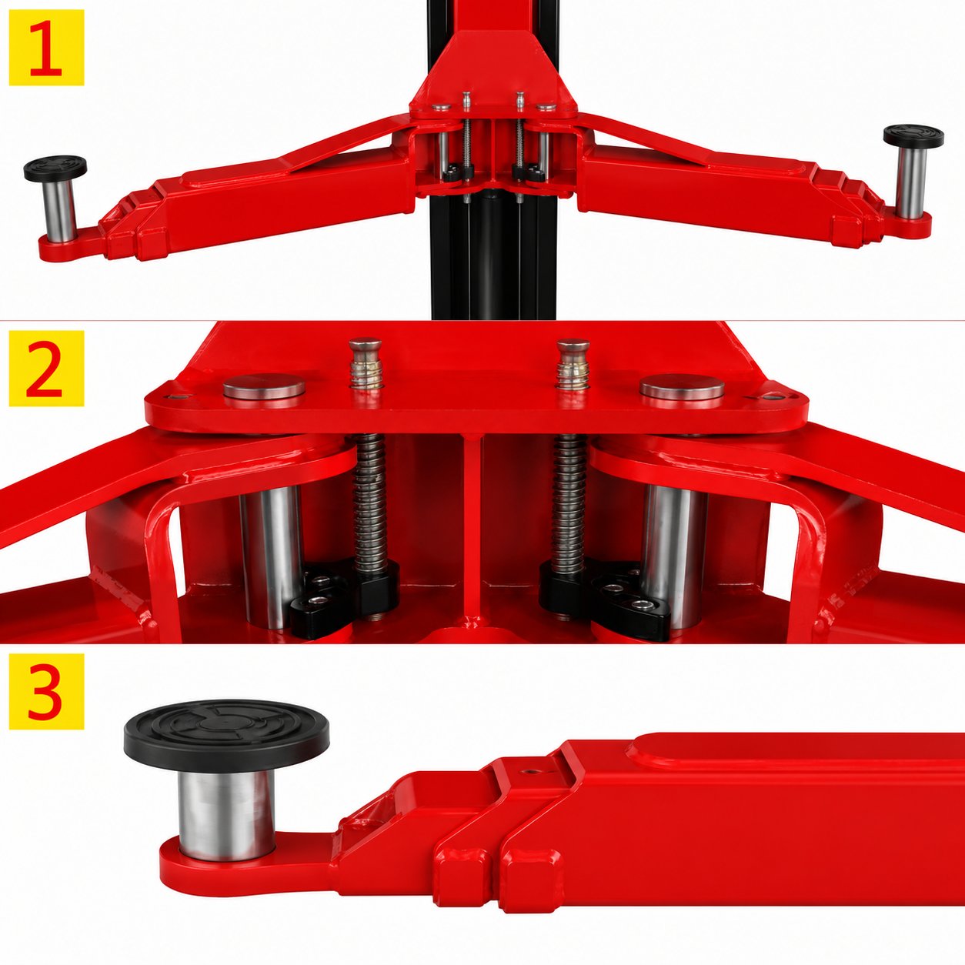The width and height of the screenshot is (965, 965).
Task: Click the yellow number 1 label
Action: point(47,47)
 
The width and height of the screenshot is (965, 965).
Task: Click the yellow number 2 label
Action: point(47,368)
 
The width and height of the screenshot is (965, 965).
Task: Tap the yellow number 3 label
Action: point(47,691)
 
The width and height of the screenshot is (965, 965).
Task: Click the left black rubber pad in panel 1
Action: point(55,168)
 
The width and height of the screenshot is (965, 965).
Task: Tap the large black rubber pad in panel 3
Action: point(226,735)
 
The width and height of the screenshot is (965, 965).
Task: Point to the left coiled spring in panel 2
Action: point(369,503)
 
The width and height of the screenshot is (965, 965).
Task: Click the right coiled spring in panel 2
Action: point(569,503)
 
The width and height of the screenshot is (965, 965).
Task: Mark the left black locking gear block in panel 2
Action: point(346,599)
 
